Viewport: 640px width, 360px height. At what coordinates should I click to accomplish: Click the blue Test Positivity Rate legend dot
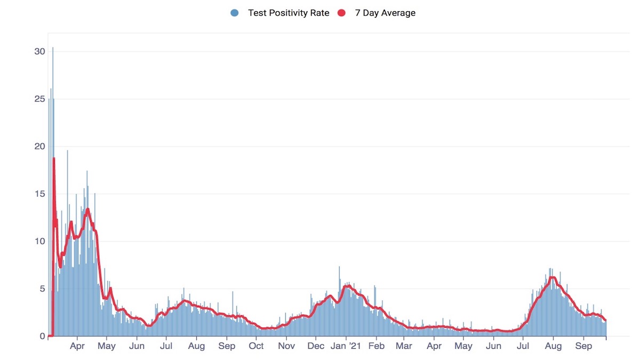tap(235, 13)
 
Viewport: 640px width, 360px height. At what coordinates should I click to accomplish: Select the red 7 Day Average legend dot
tap(342, 13)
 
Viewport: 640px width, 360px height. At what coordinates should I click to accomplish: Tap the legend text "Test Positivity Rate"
tap(289, 13)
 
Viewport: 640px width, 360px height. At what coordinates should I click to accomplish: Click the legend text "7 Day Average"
tap(385, 13)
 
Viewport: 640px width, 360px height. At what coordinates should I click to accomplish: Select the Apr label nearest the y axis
tap(77, 346)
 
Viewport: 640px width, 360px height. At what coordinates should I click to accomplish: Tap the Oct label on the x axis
tap(257, 346)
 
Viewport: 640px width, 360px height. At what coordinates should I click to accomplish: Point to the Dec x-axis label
tap(316, 346)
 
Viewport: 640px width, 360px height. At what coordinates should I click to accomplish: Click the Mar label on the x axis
tap(404, 346)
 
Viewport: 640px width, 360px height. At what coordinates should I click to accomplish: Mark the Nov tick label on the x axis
tap(286, 346)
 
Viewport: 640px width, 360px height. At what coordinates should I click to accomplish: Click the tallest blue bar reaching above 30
tap(52, 49)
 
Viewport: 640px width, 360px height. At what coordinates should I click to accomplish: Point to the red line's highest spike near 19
tap(54, 158)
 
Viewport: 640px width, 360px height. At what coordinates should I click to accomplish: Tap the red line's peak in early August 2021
tap(552, 277)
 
